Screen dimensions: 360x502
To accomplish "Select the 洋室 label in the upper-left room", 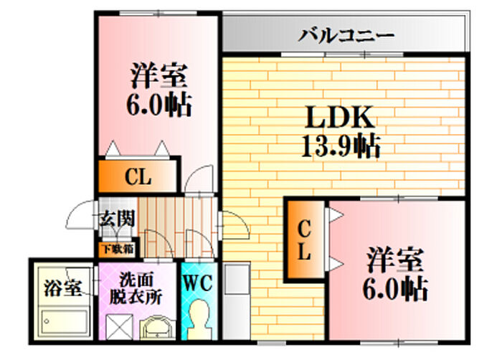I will pyautogui.click(x=159, y=75).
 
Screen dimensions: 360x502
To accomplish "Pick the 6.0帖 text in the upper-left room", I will pyautogui.click(x=159, y=105).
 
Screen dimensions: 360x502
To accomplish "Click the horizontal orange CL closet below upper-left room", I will pyautogui.click(x=137, y=177).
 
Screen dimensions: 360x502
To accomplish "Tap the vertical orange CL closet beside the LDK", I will pyautogui.click(x=304, y=240).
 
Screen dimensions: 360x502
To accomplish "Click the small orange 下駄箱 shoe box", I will pyautogui.click(x=116, y=250).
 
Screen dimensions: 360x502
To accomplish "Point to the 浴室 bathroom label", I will pyautogui.click(x=60, y=289).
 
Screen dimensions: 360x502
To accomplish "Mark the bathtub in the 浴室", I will pyautogui.click(x=61, y=321).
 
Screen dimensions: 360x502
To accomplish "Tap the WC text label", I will pyautogui.click(x=197, y=283).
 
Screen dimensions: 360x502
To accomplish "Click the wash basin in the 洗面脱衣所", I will pyautogui.click(x=158, y=328).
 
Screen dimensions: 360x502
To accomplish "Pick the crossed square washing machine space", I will pyautogui.click(x=120, y=328).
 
